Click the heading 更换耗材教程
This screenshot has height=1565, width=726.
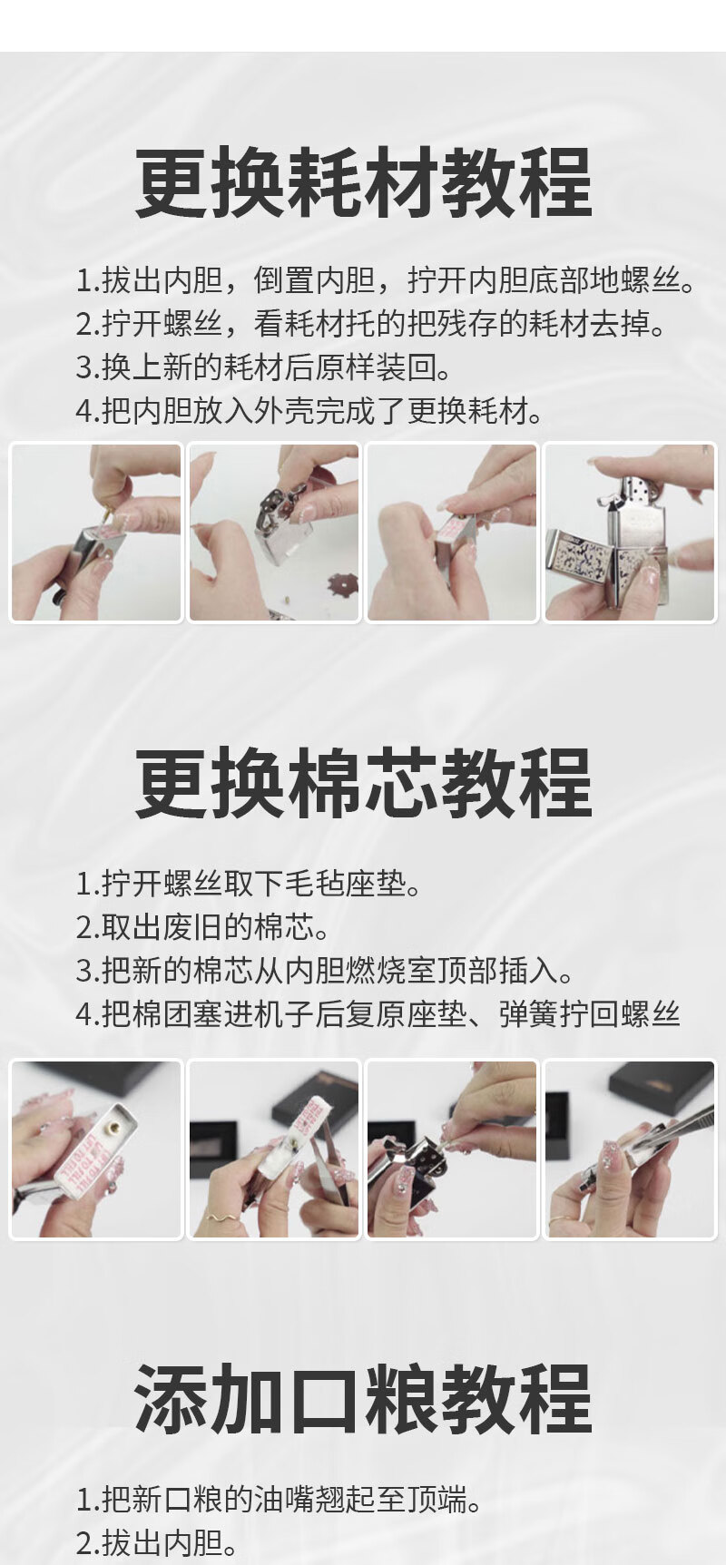point(363,183)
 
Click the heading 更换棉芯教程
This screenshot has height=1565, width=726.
point(363,784)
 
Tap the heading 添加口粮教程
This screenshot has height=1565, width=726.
point(363,1399)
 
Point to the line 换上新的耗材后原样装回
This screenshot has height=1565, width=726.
point(264,367)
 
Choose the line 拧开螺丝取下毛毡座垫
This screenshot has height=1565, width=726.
point(250,883)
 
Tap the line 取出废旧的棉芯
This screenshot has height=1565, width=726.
point(203,926)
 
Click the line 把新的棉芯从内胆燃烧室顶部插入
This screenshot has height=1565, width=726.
point(326,970)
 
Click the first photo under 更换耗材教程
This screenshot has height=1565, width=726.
point(96,533)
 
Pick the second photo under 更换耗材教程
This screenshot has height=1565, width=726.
point(274,533)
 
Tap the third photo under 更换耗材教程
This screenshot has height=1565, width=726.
point(452,533)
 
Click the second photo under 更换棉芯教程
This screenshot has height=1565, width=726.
point(274,1149)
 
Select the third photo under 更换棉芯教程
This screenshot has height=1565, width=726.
point(452,1149)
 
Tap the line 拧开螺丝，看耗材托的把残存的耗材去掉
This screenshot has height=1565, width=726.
point(372,324)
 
